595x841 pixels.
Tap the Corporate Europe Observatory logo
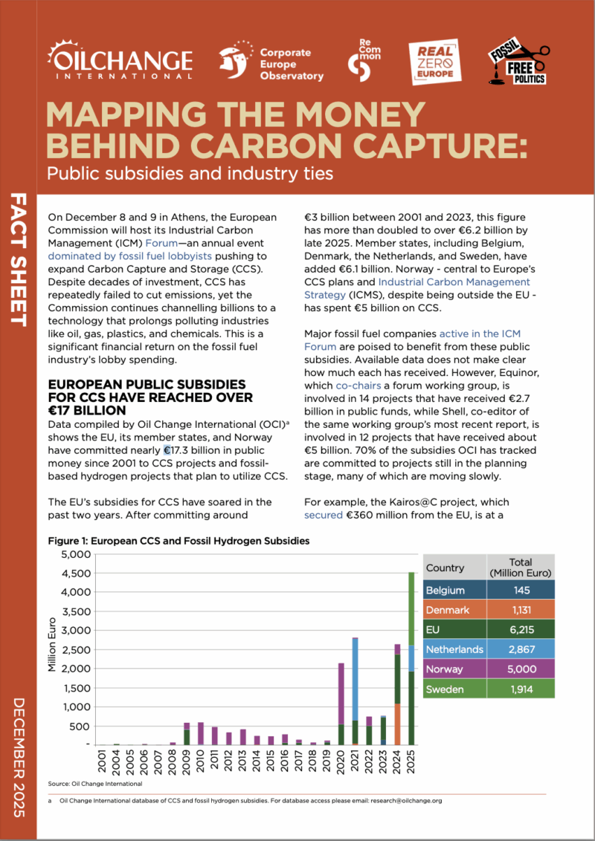271,62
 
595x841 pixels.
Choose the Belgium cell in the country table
446,591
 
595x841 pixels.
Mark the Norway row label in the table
444,669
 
